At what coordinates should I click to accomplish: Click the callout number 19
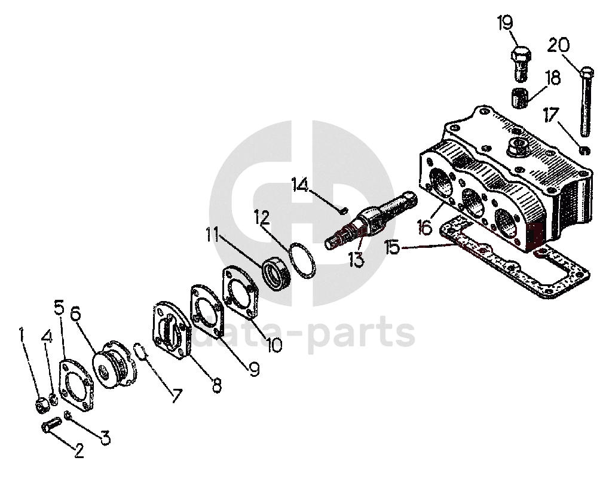(505, 23)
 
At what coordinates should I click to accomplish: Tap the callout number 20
(558, 45)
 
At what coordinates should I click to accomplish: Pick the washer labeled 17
(586, 149)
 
